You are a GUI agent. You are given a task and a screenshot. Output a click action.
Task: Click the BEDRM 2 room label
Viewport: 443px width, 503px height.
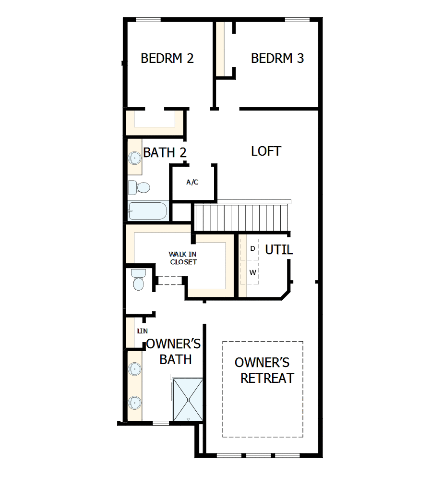[167, 59]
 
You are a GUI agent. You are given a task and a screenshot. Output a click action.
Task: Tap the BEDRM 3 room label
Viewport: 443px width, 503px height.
[277, 59]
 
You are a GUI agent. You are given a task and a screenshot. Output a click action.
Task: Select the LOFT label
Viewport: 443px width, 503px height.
[266, 151]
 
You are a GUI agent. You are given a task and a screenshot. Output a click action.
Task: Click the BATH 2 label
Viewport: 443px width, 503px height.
[165, 153]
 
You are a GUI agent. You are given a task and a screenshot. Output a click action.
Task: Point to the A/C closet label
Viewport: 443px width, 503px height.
[192, 182]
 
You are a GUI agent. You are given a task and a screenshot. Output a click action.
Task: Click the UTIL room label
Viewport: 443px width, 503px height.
[279, 250]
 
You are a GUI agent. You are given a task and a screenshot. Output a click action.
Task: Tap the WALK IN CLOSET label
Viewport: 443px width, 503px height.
[182, 258]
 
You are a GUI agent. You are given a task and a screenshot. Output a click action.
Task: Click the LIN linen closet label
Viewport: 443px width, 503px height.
[142, 331]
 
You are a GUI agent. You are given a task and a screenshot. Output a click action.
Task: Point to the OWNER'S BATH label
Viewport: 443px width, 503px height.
[174, 352]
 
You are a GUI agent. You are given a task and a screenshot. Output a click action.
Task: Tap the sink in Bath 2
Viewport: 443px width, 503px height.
[133, 157]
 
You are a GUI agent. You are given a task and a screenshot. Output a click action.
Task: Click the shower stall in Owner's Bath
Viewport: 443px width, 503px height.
[188, 400]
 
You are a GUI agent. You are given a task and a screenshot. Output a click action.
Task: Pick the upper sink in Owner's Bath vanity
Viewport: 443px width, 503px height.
[134, 369]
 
